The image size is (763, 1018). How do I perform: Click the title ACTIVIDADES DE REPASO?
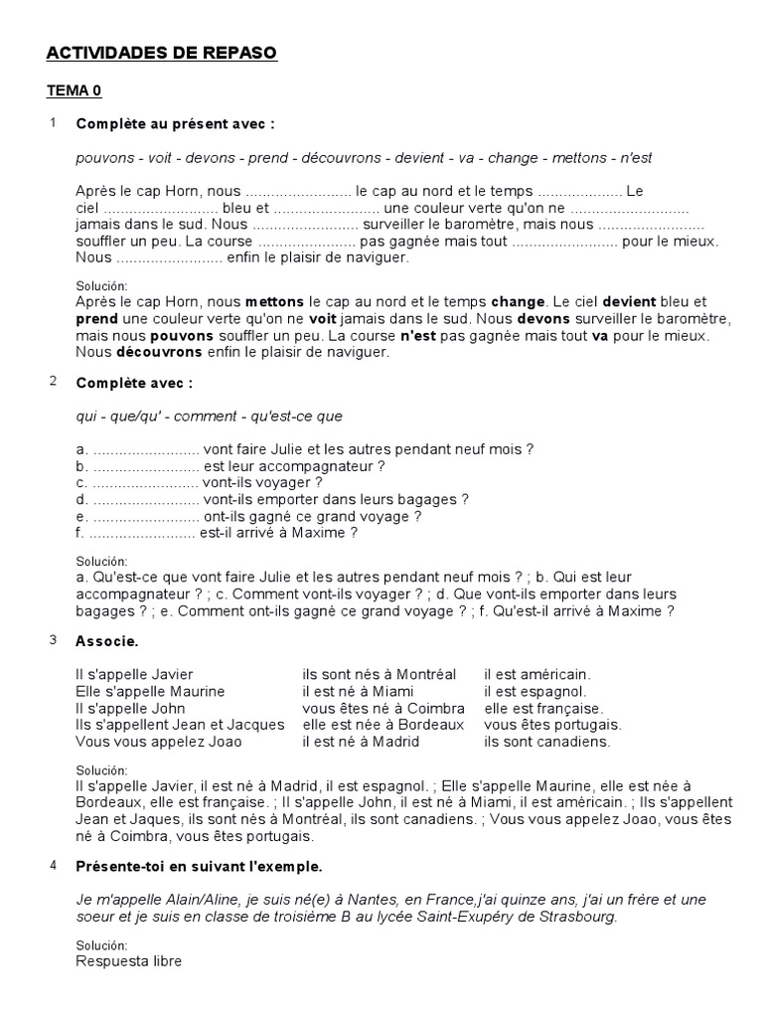pos(162,53)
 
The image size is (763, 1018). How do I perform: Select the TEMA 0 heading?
pos(75,90)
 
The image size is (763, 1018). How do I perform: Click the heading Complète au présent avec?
pos(175,124)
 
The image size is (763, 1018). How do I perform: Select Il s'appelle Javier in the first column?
pos(134,674)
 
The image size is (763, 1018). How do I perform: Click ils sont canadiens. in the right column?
pos(547,742)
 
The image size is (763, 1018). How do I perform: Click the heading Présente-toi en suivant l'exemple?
pos(199,866)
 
